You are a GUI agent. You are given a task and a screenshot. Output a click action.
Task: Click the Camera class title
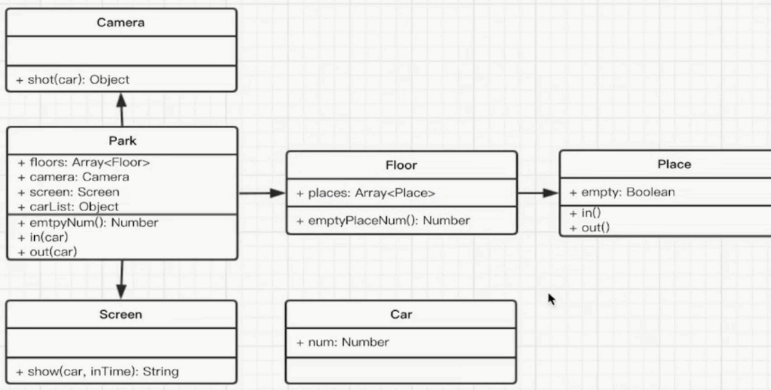click(121, 23)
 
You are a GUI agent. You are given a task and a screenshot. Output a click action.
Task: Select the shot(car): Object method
click(73, 79)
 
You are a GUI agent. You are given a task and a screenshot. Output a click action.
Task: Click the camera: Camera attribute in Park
click(73, 177)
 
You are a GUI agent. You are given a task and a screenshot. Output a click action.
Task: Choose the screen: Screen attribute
click(68, 192)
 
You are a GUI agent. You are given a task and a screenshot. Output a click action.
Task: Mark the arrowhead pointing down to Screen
click(121, 292)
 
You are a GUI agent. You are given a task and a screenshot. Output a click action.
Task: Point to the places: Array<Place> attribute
click(366, 194)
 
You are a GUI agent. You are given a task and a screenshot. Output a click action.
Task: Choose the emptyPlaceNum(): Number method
click(383, 220)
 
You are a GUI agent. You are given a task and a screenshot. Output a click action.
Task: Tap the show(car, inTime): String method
click(98, 372)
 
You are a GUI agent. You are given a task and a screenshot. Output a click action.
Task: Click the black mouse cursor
click(551, 298)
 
